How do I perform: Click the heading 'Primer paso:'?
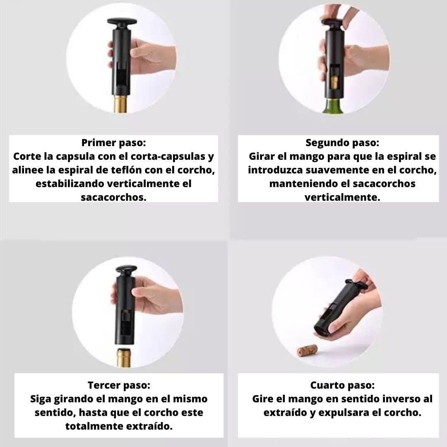(113, 143)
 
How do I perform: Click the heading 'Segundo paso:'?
(342, 143)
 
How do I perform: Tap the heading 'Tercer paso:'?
(119, 385)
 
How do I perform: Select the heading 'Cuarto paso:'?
(342, 385)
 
